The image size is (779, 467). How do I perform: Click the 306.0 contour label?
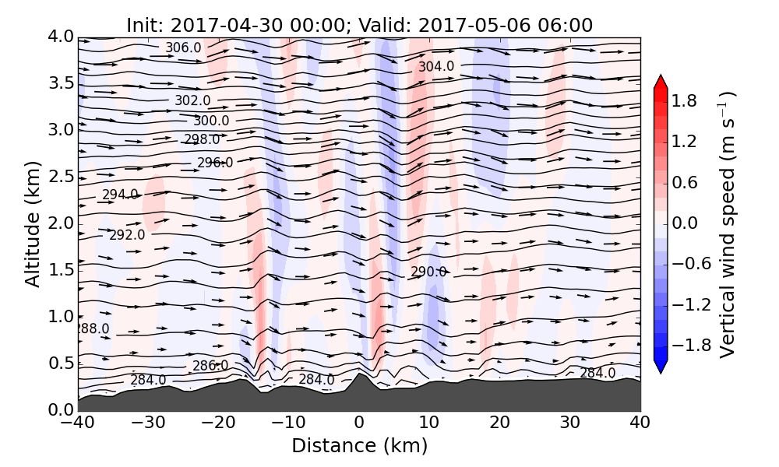pyautogui.click(x=183, y=48)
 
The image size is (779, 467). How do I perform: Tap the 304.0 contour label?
pyautogui.click(x=436, y=67)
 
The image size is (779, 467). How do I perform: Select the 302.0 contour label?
pyautogui.click(x=192, y=100)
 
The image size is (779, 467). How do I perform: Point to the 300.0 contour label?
pyautogui.click(x=211, y=121)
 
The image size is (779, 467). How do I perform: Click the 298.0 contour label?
pyautogui.click(x=202, y=139)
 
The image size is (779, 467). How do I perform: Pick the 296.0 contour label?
pyautogui.click(x=215, y=163)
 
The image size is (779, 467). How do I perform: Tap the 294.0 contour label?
pyautogui.click(x=120, y=195)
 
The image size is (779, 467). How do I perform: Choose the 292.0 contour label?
pyautogui.click(x=127, y=235)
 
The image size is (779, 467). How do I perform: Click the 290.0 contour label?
pyautogui.click(x=428, y=272)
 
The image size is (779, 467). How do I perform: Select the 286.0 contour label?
pyautogui.click(x=210, y=366)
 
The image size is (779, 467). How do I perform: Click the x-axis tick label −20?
pyautogui.click(x=218, y=423)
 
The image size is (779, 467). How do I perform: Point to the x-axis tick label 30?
pyautogui.click(x=570, y=423)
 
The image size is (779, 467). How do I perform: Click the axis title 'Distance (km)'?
pyautogui.click(x=359, y=446)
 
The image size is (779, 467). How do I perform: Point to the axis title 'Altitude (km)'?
pyautogui.click(x=32, y=224)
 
